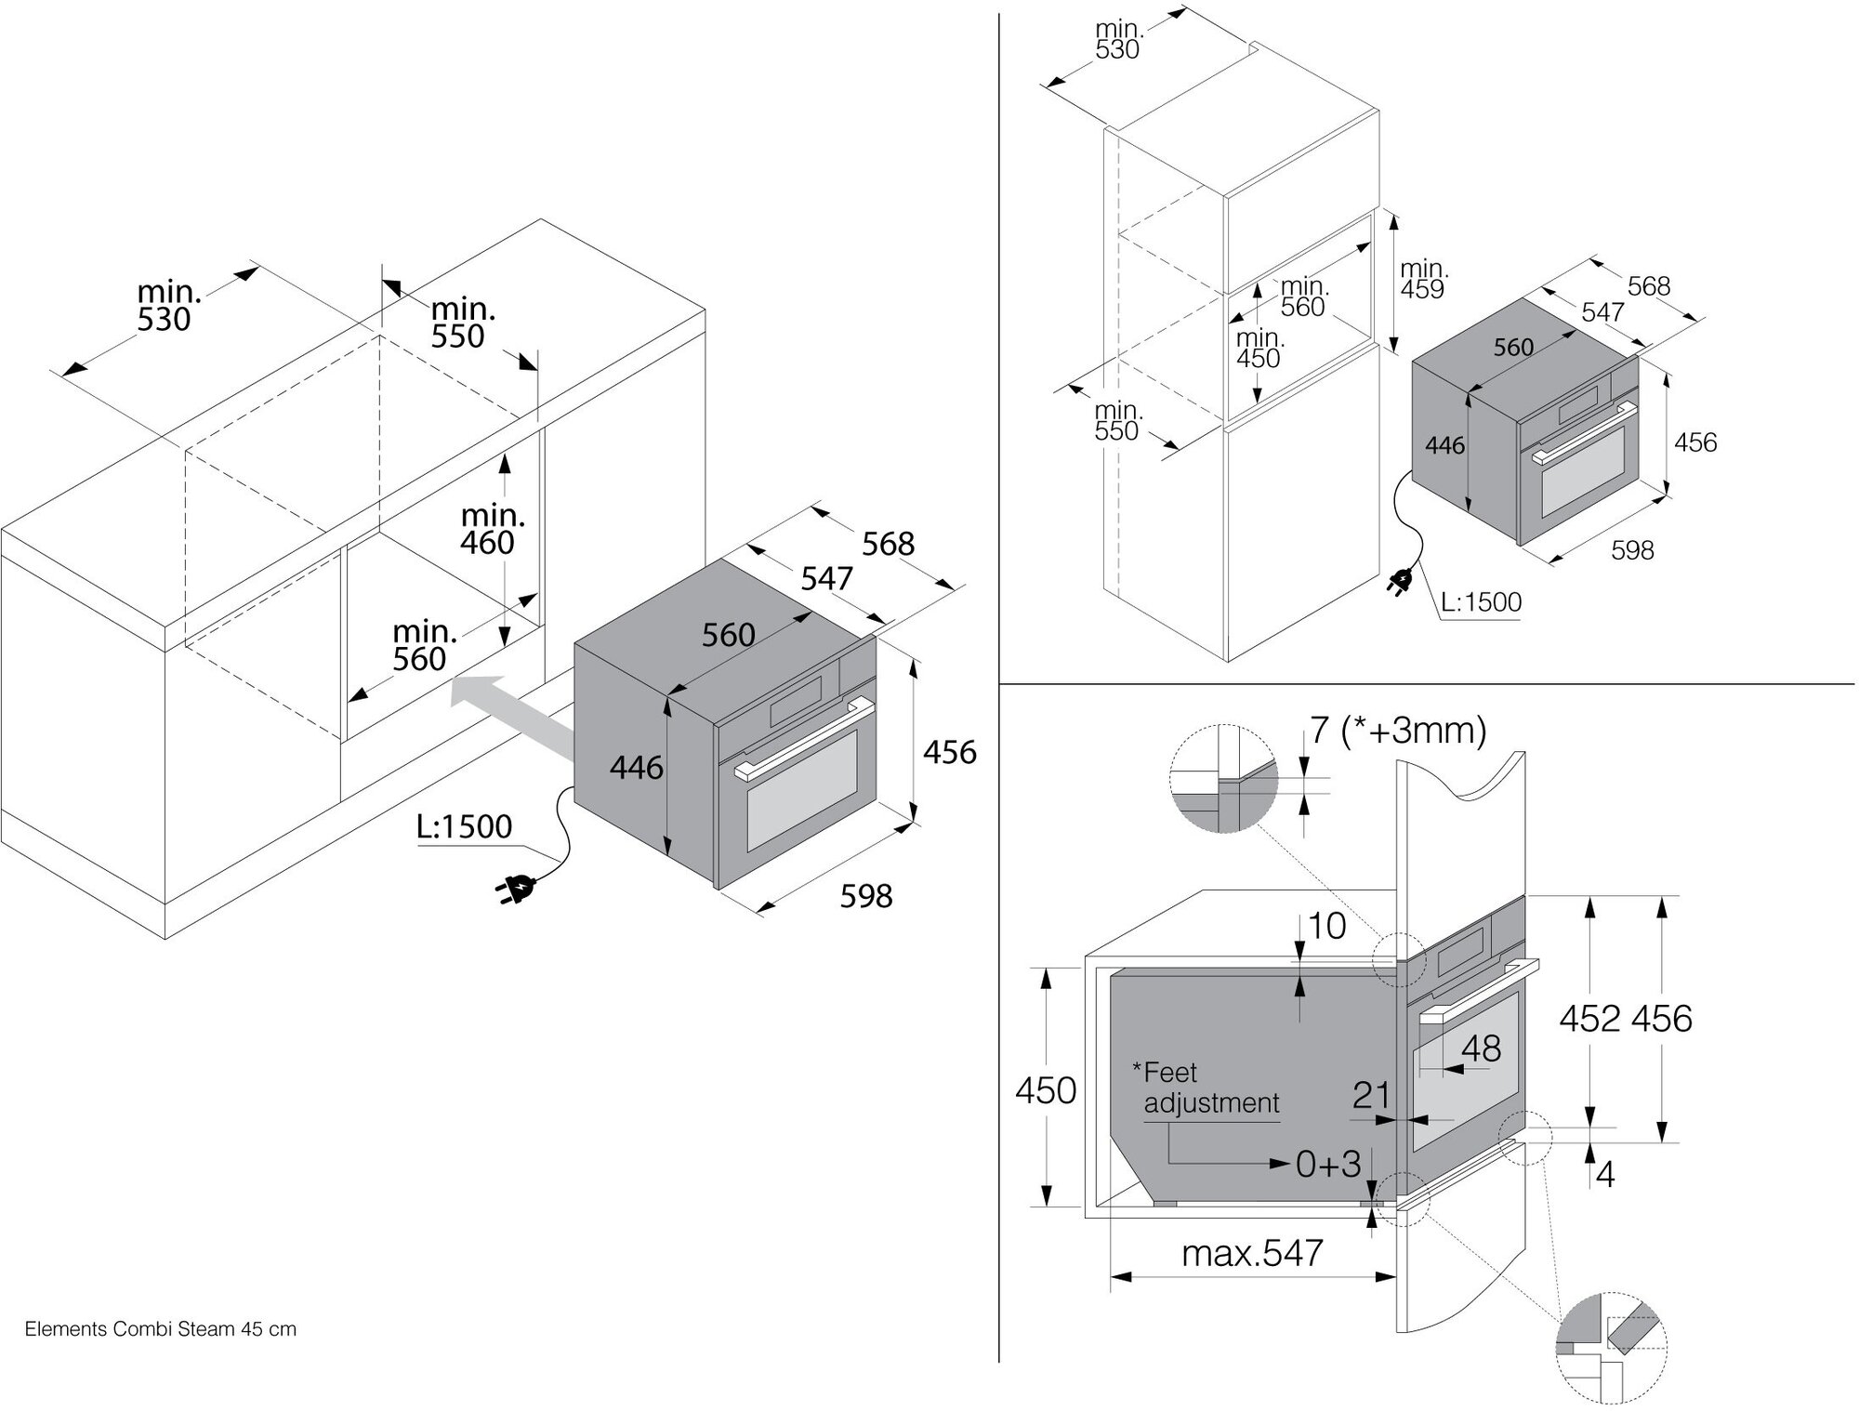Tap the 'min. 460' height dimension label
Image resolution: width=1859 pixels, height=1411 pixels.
click(492, 529)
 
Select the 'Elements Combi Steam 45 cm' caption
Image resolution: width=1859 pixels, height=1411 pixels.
click(161, 1329)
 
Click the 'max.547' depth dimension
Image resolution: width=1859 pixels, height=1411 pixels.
click(1251, 1253)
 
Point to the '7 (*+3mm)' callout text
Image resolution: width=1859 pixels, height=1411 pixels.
click(1398, 731)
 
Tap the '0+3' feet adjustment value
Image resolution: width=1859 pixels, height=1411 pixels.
click(1327, 1164)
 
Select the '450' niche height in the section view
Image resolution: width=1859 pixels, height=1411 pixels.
click(1046, 1090)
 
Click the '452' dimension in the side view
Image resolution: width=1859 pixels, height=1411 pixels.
click(1590, 1019)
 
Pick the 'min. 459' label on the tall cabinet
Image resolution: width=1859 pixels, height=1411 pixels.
click(1423, 279)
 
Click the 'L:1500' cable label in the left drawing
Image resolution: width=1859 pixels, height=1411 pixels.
click(464, 826)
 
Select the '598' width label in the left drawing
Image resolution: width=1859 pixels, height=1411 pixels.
click(865, 896)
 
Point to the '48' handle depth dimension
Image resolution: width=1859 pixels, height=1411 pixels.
click(1481, 1049)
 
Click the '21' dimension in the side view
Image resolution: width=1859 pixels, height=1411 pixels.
click(1371, 1096)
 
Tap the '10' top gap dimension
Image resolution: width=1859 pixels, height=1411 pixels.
click(1326, 926)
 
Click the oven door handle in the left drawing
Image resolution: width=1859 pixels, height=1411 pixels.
click(804, 739)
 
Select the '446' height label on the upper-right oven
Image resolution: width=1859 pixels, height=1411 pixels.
click(1444, 446)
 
